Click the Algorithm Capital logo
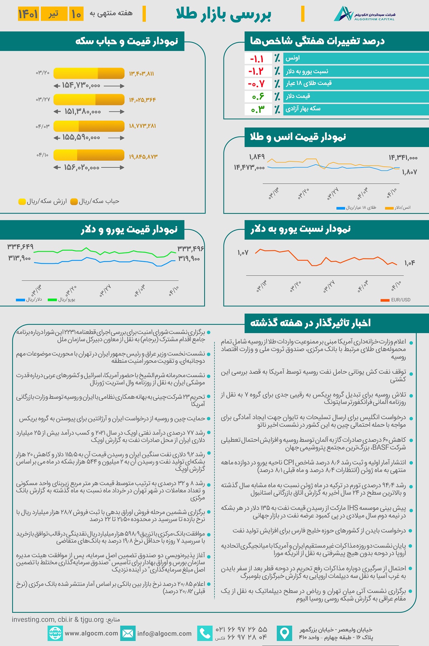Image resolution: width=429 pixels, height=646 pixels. (364, 14)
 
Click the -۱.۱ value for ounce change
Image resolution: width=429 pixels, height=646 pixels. (257, 59)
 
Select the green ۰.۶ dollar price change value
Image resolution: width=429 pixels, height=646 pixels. (258, 96)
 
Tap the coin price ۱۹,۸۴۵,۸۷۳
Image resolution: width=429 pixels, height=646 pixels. (143, 156)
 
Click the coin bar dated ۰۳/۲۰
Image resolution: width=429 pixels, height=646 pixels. (89, 73)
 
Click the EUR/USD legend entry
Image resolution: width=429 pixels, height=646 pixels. (396, 300)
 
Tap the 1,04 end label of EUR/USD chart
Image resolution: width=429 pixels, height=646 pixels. (410, 263)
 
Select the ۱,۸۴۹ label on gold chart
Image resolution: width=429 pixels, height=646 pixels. (257, 157)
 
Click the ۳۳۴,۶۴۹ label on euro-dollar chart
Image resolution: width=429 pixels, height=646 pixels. (20, 247)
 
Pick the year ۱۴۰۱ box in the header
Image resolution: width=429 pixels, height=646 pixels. (28, 14)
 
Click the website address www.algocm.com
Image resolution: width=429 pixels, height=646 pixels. (91, 634)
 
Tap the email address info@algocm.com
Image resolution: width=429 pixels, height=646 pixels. (164, 634)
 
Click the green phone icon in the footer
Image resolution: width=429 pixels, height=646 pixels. (205, 634)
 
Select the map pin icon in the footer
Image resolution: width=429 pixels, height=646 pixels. (285, 634)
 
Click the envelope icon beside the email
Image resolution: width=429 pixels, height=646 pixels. (128, 634)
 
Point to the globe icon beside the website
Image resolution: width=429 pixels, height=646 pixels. (55, 634)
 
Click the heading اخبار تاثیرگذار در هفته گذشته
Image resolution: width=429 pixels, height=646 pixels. (310, 323)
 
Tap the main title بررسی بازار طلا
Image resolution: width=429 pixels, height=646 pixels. (223, 14)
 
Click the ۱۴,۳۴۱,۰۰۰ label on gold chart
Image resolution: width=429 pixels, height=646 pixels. (403, 157)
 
